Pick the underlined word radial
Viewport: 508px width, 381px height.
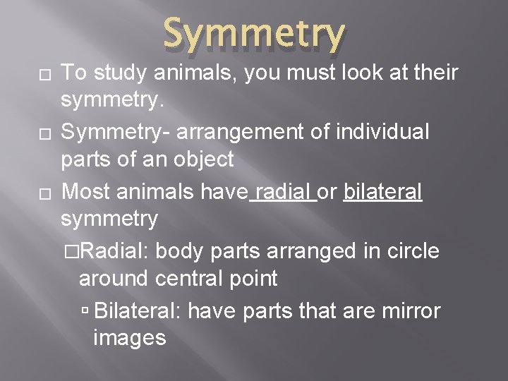tap(284, 190)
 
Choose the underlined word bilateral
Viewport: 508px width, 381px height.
tap(382, 190)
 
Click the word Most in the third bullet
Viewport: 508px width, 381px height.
tap(86, 190)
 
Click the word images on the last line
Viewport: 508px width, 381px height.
tap(129, 338)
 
